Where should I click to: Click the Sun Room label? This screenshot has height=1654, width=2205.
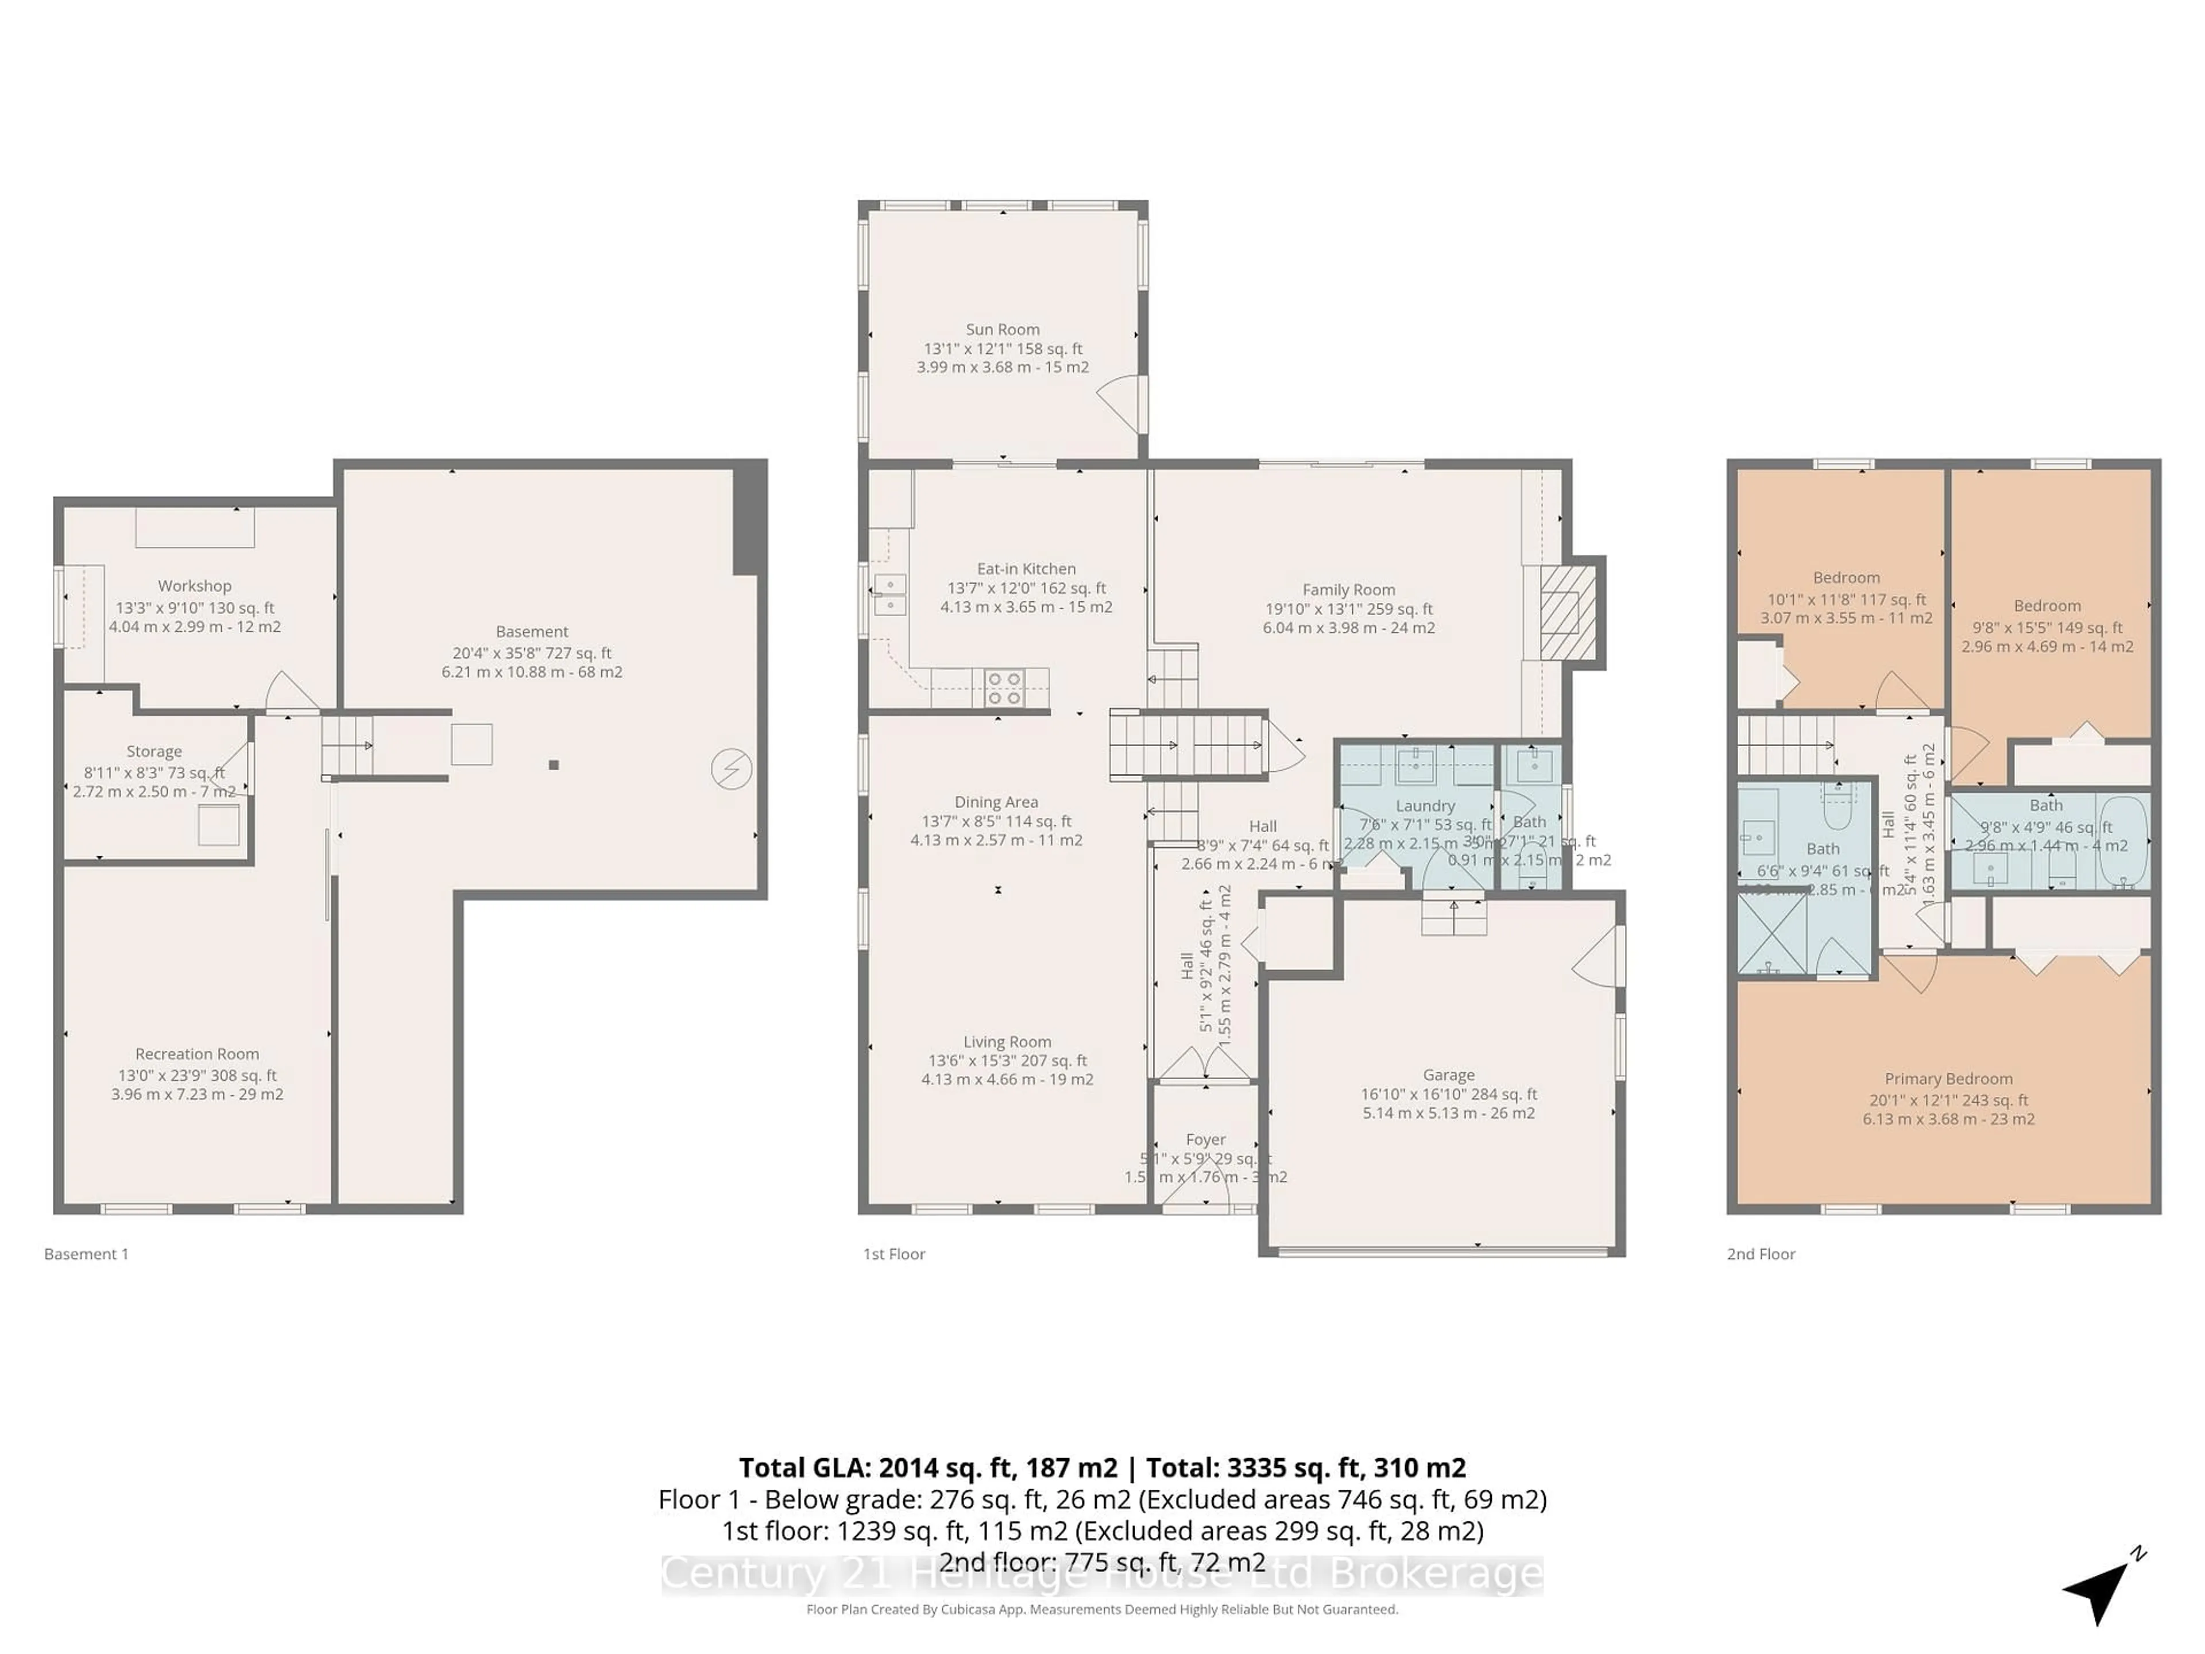(1002, 329)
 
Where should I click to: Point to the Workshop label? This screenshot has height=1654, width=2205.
(195, 586)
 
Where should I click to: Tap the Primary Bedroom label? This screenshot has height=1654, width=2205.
(1948, 1079)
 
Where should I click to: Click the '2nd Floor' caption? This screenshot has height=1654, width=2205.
(1761, 1254)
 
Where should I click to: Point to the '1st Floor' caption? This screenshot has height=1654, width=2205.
(894, 1254)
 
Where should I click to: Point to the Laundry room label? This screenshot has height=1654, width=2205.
(1425, 806)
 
